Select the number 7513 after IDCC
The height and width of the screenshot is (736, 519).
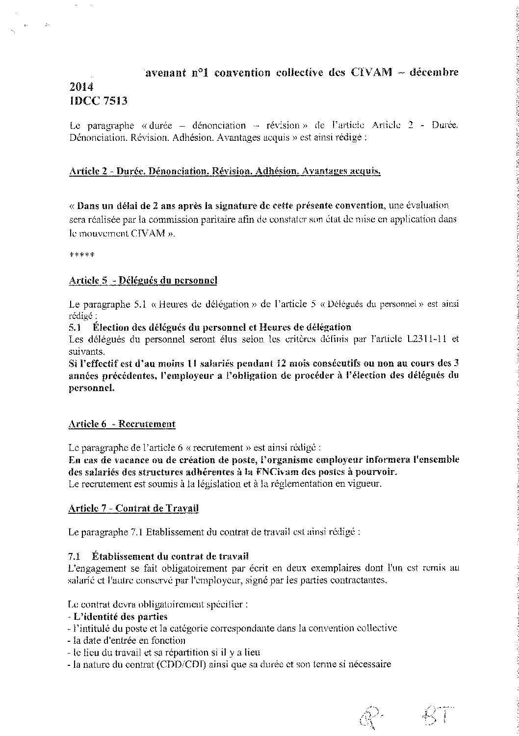pos(113,101)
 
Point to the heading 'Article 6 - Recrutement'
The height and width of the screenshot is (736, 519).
pos(122,424)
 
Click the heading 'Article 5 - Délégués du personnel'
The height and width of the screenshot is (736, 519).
pos(143,280)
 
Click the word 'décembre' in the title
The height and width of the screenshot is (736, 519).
pos(434,73)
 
